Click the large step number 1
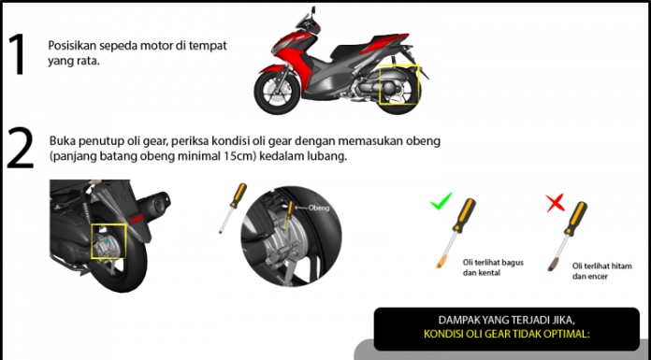pyautogui.click(x=17, y=54)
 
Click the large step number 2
pyautogui.click(x=20, y=149)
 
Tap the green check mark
pyautogui.click(x=441, y=201)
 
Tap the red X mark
pyautogui.click(x=556, y=203)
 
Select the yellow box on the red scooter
pyautogui.click(x=399, y=65)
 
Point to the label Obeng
pyautogui.click(x=318, y=208)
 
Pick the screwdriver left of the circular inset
pyautogui.click(x=233, y=208)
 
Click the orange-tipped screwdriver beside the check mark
pyautogui.click(x=456, y=233)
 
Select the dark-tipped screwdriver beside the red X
pyautogui.click(x=567, y=237)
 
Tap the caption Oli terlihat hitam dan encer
pyautogui.click(x=602, y=271)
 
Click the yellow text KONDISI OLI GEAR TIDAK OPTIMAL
pyautogui.click(x=507, y=334)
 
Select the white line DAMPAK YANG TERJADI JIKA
pyautogui.click(x=507, y=321)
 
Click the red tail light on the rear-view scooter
pyautogui.click(x=137, y=218)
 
